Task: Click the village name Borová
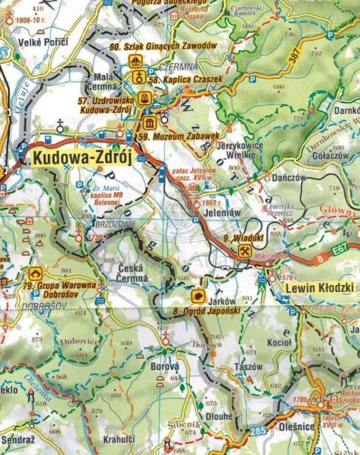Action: pyautogui.click(x=164, y=367)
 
